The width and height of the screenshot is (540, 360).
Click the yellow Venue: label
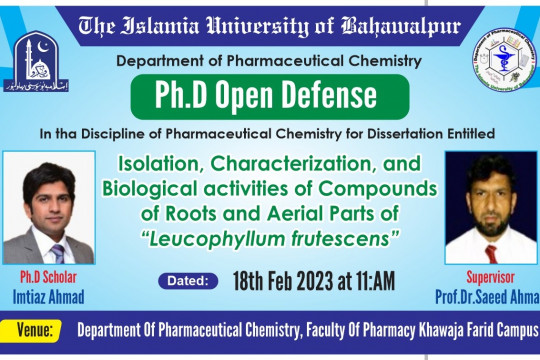click(x=40, y=329)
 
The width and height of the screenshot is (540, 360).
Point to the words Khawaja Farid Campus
click(x=469, y=329)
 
